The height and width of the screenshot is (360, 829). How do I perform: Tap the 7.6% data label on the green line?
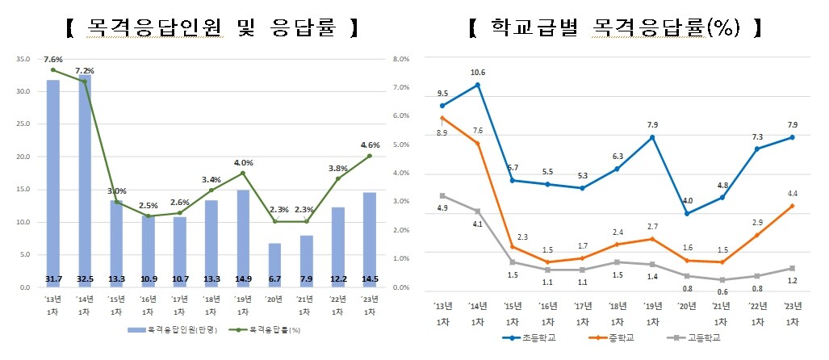click(x=53, y=60)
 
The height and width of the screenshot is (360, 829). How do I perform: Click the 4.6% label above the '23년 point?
click(x=370, y=145)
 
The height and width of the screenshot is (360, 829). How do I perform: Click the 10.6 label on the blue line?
click(x=478, y=71)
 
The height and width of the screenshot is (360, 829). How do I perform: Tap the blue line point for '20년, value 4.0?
click(x=687, y=214)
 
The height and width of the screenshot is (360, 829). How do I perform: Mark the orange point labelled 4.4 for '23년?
click(x=792, y=206)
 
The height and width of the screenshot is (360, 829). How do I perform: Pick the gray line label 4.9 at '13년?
click(x=442, y=208)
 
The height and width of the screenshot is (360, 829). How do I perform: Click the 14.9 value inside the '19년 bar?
click(x=243, y=280)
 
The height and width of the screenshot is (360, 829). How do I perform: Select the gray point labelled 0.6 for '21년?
click(x=722, y=280)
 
